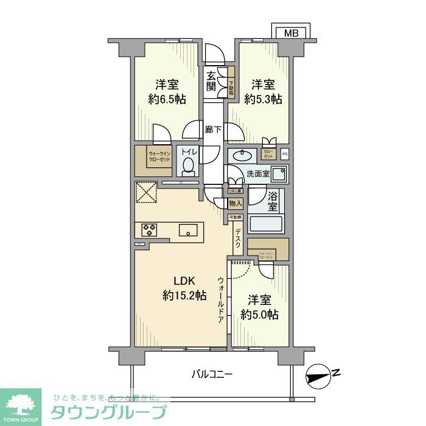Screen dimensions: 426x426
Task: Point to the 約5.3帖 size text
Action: pyautogui.click(x=264, y=99)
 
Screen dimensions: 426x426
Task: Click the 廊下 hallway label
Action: pyautogui.click(x=212, y=129)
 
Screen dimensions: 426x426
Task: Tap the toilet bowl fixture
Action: pyautogui.click(x=188, y=164)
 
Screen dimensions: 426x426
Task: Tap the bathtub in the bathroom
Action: pyautogui.click(x=266, y=223)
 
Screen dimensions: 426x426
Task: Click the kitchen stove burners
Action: pyautogui.click(x=150, y=229)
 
